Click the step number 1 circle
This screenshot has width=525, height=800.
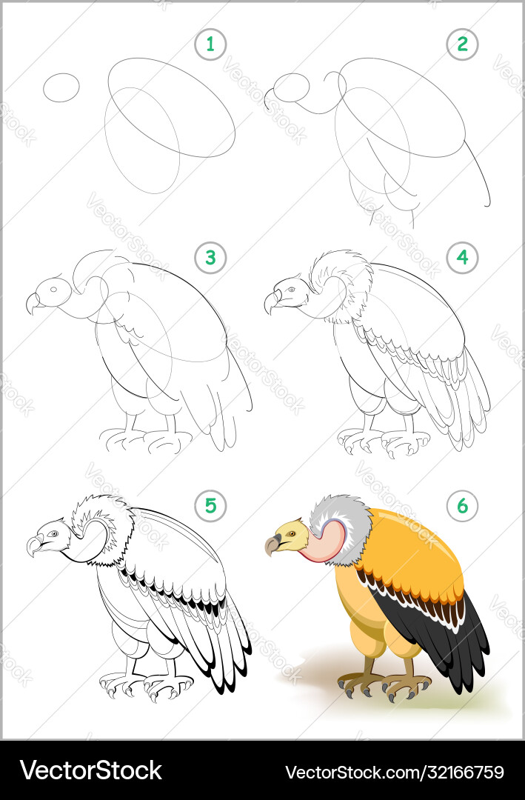tap(210, 44)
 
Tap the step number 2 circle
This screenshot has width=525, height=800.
tap(463, 44)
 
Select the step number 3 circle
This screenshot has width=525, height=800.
tap(210, 258)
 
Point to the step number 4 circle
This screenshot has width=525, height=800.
tap(463, 258)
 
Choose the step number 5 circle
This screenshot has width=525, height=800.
tap(210, 506)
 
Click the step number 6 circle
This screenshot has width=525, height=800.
tap(463, 506)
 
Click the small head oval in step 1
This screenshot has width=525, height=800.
tap(61, 87)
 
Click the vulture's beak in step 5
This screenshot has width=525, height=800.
tap(34, 547)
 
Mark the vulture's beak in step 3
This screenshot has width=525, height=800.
tap(33, 302)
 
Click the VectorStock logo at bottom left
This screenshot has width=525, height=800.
tap(90, 770)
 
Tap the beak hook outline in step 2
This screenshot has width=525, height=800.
tap(269, 102)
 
